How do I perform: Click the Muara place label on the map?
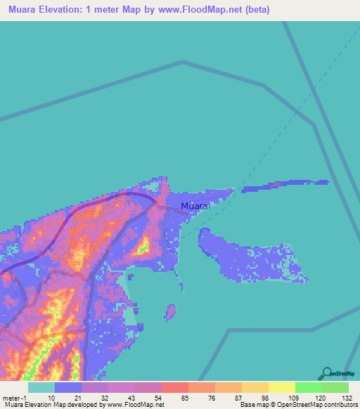click(x=195, y=206)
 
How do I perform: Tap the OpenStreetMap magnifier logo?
click(x=327, y=373)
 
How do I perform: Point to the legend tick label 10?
click(x=52, y=397)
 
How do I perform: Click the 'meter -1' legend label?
click(x=13, y=397)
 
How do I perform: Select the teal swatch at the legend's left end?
click(x=41, y=387)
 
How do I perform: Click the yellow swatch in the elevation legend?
click(x=281, y=387)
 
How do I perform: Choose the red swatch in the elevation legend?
click(x=174, y=387)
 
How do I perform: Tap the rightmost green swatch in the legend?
click(x=335, y=387)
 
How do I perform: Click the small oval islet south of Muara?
click(x=169, y=311)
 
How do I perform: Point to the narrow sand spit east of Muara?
click(x=285, y=186)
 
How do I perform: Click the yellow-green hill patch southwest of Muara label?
click(x=143, y=246)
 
